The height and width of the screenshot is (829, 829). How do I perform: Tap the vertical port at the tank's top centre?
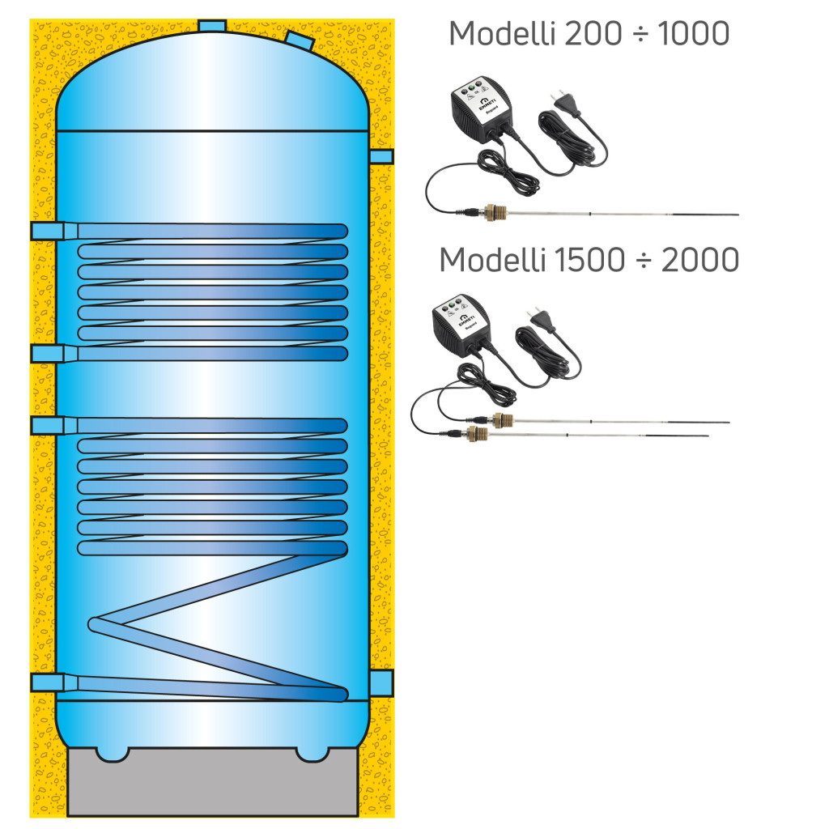[x=212, y=27]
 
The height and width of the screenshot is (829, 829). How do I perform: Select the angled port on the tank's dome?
[x=296, y=38]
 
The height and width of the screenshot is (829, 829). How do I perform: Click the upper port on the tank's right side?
[x=380, y=156]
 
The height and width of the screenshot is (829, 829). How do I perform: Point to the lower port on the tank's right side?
[x=380, y=681]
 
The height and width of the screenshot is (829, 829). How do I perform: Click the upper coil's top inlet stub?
[x=47, y=232]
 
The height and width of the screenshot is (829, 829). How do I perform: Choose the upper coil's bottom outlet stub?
[x=47, y=353]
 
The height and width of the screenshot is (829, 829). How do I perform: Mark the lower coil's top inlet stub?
[x=47, y=425]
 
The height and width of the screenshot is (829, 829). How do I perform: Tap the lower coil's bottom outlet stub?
[x=47, y=682]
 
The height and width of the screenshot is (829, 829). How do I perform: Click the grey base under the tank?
[x=212, y=785]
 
